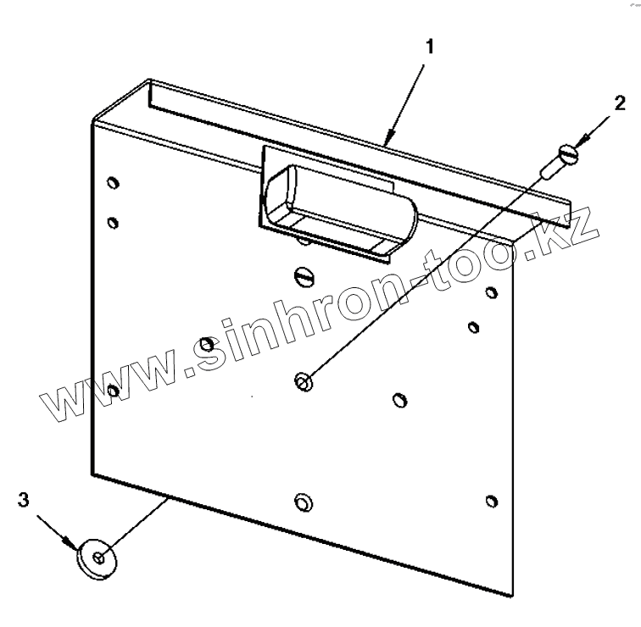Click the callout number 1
(x=431, y=47)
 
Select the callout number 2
(x=620, y=103)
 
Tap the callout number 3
(x=25, y=499)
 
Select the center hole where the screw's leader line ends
(x=302, y=382)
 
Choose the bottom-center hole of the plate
(x=301, y=504)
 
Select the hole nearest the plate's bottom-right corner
(x=491, y=501)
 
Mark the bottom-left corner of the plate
(x=92, y=473)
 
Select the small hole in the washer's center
(x=100, y=558)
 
